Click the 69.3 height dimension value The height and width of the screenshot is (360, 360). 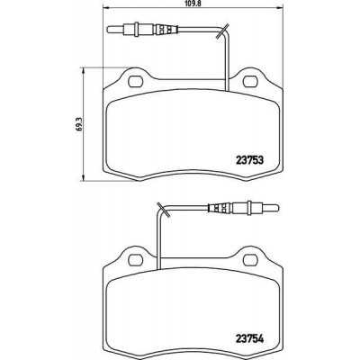point(79,123)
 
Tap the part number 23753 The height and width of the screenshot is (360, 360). point(249,160)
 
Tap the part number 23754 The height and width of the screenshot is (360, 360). point(249,339)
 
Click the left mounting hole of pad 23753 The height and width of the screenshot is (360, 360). point(135,82)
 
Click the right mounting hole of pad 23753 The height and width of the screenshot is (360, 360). point(250,82)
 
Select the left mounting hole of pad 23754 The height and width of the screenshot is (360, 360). point(135,260)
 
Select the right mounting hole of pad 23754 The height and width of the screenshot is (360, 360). point(250,260)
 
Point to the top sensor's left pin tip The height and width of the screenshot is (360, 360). point(108,30)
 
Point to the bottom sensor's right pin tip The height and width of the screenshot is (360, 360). point(278,208)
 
